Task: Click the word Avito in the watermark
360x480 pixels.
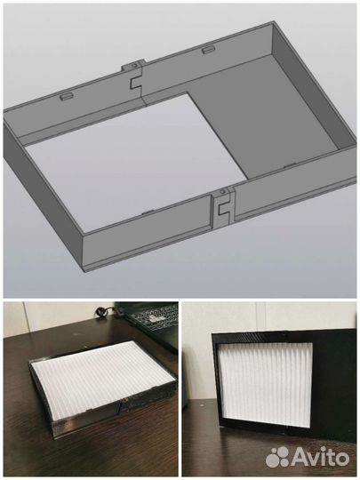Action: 322,457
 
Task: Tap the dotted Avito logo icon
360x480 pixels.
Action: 278,456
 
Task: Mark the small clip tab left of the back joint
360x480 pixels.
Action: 68,93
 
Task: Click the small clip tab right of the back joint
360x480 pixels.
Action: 208,51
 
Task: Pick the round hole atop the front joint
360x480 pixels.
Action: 219,191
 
